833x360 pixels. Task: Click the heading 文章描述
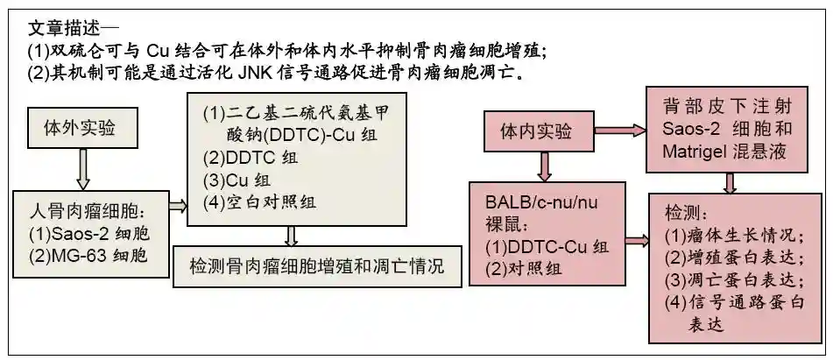pyautogui.click(x=64, y=27)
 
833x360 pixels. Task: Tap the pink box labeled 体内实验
pyautogui.click(x=536, y=132)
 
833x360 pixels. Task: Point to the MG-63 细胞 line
pyautogui.click(x=85, y=256)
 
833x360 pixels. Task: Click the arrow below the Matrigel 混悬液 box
pyautogui.click(x=730, y=182)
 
